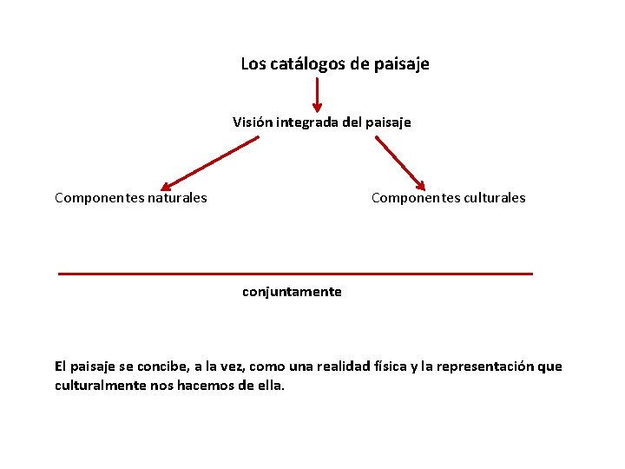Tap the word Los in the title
click(x=253, y=64)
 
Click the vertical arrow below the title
click(x=317, y=95)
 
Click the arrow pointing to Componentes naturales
click(x=208, y=162)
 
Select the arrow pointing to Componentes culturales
click(x=399, y=162)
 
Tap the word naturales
click(x=178, y=198)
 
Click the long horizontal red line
click(x=295, y=274)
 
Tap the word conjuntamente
click(x=292, y=292)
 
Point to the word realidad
click(x=347, y=367)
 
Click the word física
click(x=396, y=367)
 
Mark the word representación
click(x=485, y=367)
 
